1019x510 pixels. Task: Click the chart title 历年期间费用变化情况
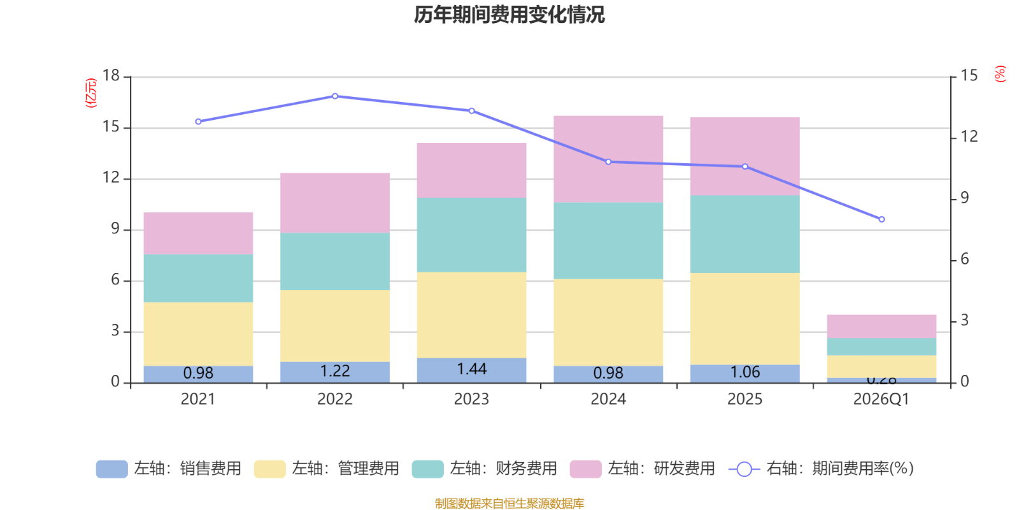509,14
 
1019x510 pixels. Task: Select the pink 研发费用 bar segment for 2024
608,159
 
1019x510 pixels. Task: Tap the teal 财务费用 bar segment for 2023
472,235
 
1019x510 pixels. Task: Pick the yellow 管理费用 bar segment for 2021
198,333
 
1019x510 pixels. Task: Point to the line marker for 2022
335,96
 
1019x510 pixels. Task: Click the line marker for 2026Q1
881,219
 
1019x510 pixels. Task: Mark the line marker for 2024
608,162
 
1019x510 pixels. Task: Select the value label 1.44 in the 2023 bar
472,369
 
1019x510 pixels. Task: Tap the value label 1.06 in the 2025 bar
745,372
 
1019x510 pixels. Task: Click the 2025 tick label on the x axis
745,400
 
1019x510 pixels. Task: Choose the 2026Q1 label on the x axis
881,400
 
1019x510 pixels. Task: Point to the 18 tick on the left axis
111,76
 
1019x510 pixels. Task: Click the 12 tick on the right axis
969,136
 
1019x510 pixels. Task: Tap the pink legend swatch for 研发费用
585,469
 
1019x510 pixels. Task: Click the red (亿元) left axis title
91,93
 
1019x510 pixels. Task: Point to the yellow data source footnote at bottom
509,504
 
